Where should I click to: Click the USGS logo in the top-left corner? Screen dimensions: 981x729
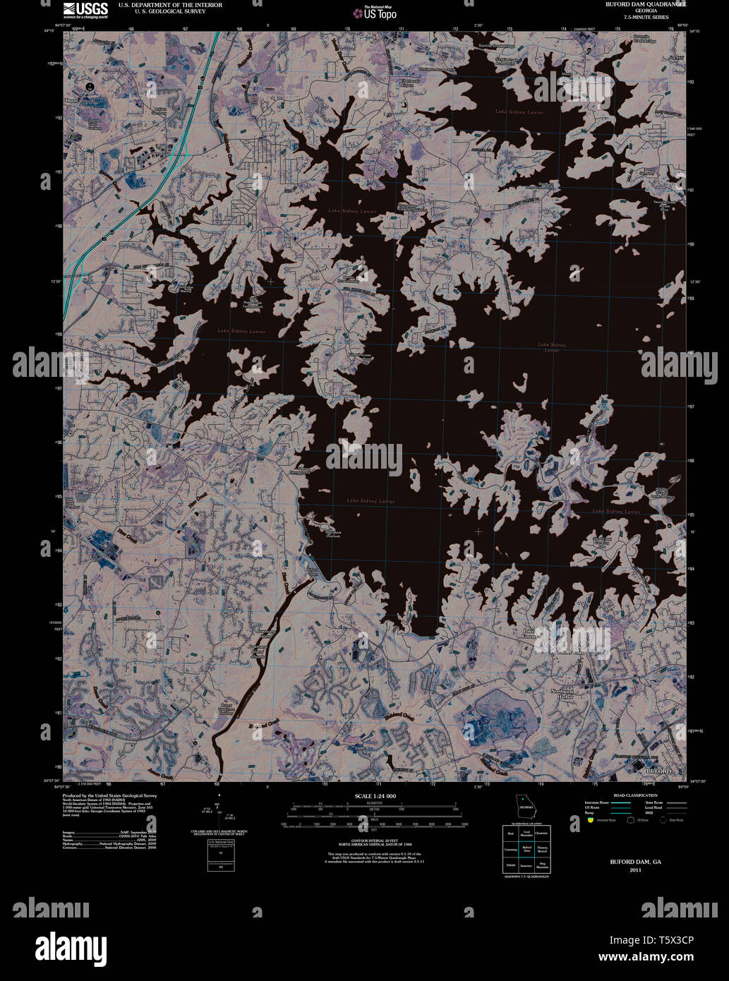click(85, 9)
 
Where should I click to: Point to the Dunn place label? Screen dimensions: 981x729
click(71, 101)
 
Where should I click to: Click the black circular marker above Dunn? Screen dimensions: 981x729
click(90, 86)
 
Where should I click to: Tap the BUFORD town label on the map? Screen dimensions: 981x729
click(658, 771)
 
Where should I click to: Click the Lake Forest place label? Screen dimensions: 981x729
click(530, 633)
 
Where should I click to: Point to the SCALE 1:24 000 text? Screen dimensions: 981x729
click(375, 796)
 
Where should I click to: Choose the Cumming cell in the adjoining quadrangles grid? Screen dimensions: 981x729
click(510, 849)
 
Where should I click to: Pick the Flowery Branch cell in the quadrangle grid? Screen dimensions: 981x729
click(543, 849)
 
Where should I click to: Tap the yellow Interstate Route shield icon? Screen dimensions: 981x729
click(590, 820)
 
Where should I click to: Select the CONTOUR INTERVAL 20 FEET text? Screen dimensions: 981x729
click(375, 841)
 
